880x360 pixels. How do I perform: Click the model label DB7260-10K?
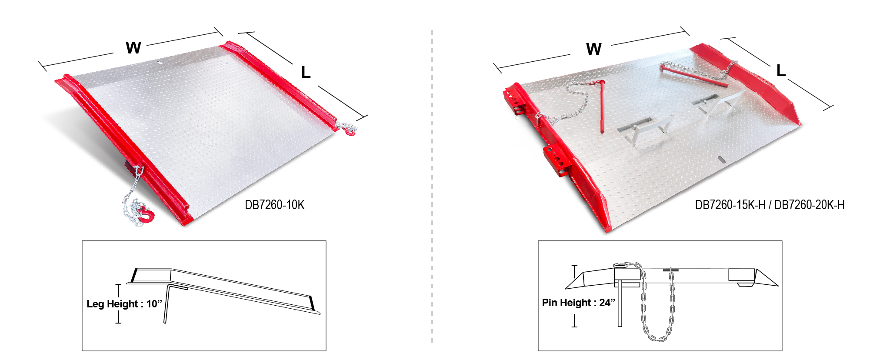274,205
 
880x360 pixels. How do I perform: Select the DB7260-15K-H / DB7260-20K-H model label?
770,205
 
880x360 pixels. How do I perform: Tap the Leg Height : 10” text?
124,304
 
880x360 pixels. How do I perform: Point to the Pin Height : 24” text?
579,303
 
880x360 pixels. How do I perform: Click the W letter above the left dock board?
133,48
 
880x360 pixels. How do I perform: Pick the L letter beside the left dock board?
306,72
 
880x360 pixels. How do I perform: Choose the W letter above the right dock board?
594,49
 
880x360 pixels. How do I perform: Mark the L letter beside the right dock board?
781,70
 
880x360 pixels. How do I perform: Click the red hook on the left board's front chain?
147,215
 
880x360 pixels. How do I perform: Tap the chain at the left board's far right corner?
346,129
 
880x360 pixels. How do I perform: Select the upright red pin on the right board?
602,106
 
